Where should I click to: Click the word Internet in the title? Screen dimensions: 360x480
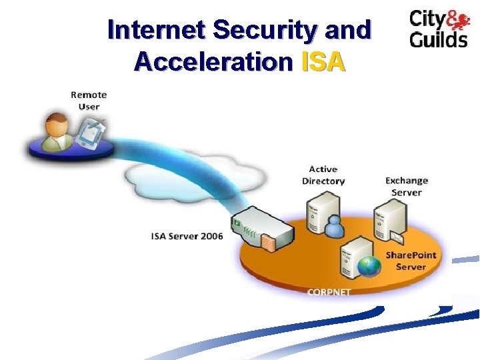(x=155, y=30)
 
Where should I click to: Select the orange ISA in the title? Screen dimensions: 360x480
(x=323, y=61)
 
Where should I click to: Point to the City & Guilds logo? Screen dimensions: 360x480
(x=438, y=29)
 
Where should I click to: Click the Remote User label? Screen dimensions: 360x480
(x=89, y=100)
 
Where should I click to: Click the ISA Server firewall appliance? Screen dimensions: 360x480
(x=263, y=228)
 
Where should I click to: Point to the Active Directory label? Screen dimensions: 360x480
(x=323, y=175)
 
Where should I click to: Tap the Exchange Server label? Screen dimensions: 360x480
(x=407, y=186)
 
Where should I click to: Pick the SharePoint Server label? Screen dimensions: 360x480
(x=411, y=261)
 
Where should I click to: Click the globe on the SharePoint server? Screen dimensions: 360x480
(x=369, y=266)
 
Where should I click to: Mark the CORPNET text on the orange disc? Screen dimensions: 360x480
(x=329, y=291)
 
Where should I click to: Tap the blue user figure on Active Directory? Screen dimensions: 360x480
(x=333, y=227)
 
